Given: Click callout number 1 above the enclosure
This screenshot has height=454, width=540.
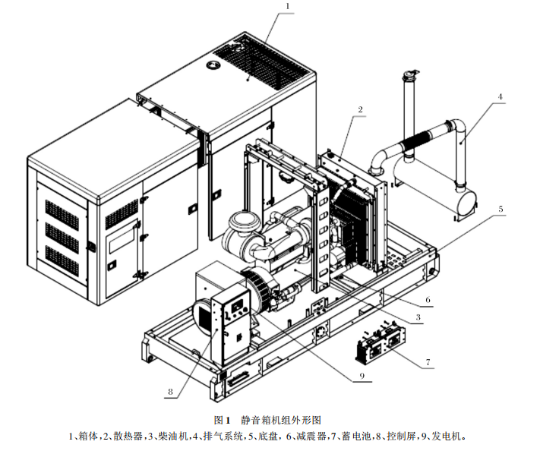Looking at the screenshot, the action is click(x=288, y=6).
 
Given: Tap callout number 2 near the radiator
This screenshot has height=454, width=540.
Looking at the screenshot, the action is click(x=360, y=110).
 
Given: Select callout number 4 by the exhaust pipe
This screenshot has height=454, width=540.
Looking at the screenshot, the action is click(x=501, y=96).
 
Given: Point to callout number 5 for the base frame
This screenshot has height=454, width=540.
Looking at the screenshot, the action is click(x=501, y=209).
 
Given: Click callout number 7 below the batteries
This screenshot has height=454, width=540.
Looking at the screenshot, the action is click(x=428, y=362).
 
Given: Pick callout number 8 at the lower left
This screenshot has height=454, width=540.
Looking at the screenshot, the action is click(x=170, y=392).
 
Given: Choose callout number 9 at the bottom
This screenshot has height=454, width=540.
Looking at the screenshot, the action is click(x=362, y=376).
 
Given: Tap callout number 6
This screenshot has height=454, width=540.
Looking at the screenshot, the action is click(x=428, y=300).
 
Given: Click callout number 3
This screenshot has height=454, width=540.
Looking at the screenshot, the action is click(x=418, y=317).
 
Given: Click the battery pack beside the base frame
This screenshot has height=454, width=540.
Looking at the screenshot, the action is click(x=381, y=343).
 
